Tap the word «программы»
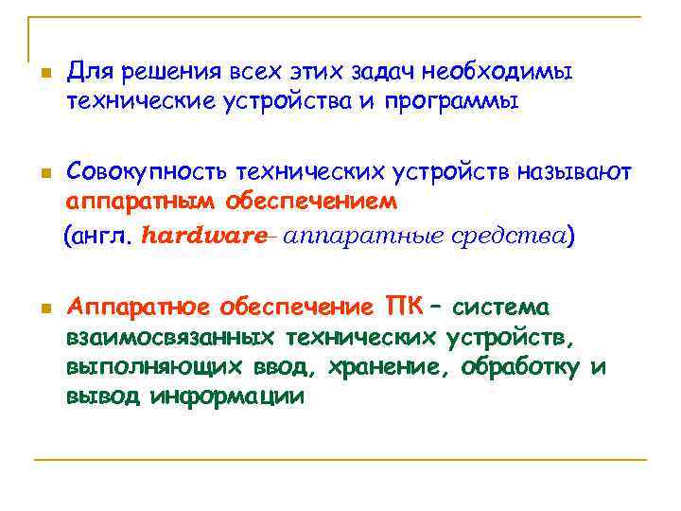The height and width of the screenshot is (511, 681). click(452, 100)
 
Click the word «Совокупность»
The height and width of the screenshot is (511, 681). click(133, 172)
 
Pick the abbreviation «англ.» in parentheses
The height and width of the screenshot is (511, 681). click(103, 236)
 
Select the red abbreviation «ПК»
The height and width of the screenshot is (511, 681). click(404, 308)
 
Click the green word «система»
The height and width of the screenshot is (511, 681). click(501, 308)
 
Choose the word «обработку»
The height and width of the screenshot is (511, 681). click(522, 366)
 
